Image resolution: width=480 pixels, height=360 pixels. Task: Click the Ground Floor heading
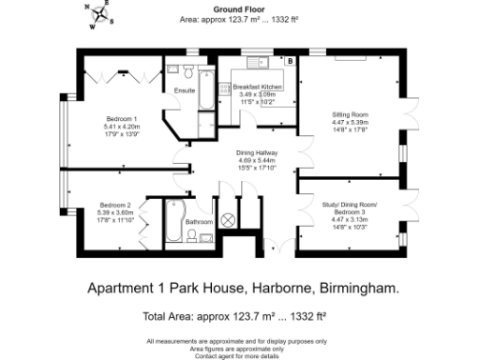click(239, 7)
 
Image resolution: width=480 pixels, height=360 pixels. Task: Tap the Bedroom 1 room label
click(123, 119)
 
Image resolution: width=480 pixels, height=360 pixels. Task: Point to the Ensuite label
click(184, 91)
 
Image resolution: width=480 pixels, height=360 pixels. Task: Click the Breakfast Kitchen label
click(258, 86)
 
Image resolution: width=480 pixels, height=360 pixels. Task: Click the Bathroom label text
click(199, 222)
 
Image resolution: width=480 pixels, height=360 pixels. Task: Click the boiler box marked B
click(290, 62)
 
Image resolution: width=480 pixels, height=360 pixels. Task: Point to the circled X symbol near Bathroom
click(228, 219)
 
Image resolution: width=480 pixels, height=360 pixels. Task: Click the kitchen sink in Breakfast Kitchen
click(260, 64)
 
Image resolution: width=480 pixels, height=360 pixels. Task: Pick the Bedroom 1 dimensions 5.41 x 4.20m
click(123, 127)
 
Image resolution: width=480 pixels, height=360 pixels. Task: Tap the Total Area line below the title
click(239, 316)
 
